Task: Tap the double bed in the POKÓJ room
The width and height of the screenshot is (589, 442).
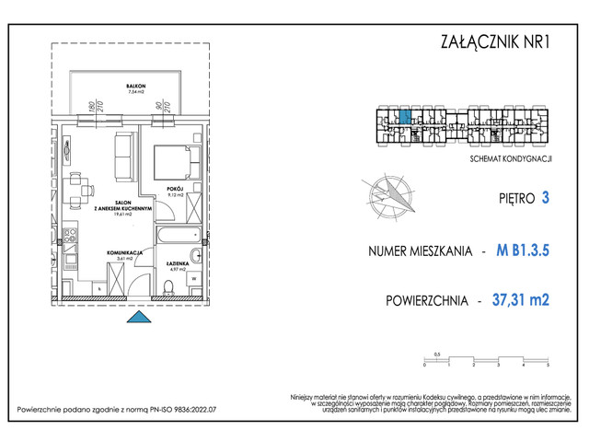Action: pyautogui.click(x=177, y=163)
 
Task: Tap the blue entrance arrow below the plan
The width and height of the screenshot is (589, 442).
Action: pyautogui.click(x=137, y=318)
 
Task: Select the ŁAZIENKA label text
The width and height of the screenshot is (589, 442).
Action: pyautogui.click(x=179, y=265)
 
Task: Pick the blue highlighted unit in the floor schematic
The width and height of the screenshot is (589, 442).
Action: pyautogui.click(x=404, y=117)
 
